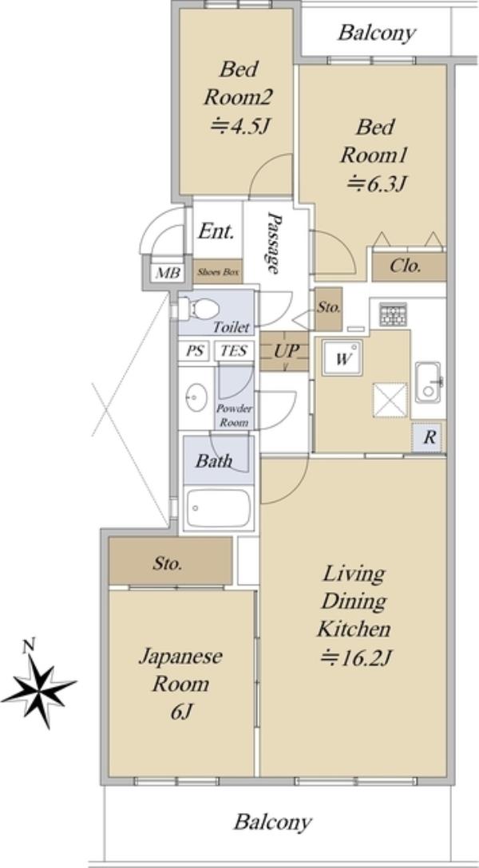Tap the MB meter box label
[167, 273]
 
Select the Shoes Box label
[218, 272]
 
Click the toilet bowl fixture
[197, 309]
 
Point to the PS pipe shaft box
[194, 351]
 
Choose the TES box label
[234, 351]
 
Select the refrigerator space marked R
[429, 438]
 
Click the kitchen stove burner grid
[392, 314]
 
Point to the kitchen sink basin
[428, 382]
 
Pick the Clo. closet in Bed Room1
[409, 266]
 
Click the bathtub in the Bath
[219, 507]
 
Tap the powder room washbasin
[196, 398]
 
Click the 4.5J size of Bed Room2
[239, 128]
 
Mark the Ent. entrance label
[216, 231]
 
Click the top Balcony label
[377, 34]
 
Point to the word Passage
[272, 243]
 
